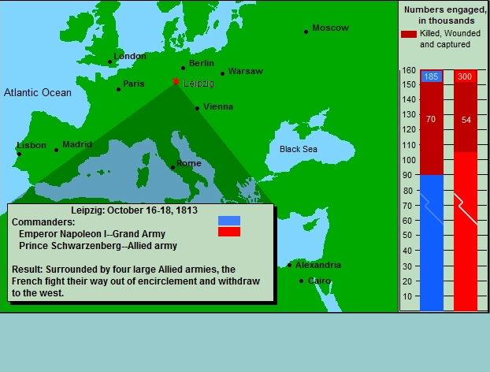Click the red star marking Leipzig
[176, 82]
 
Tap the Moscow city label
[330, 28]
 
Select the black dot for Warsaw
[222, 74]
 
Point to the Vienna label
[218, 106]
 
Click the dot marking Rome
[173, 168]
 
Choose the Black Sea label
[299, 149]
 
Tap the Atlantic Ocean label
[38, 92]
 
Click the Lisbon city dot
[19, 154]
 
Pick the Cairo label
[319, 281]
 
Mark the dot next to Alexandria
[289, 266]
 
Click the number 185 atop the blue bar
[431, 76]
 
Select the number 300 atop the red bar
[465, 76]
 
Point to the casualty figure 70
[431, 120]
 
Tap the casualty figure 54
[466, 120]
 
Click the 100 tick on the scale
[409, 160]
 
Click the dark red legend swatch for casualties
[409, 34]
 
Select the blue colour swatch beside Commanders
[229, 221]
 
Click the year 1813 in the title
[187, 210]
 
